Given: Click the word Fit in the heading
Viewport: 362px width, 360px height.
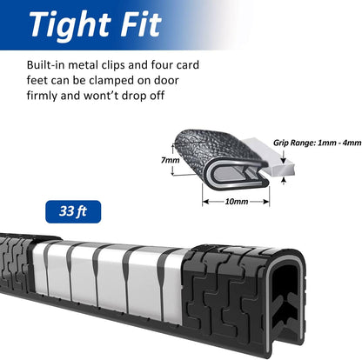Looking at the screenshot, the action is coord(141,24).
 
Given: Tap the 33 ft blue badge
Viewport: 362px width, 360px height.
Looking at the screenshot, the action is coord(73,211).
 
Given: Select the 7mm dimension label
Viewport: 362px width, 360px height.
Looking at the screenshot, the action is coord(171,160).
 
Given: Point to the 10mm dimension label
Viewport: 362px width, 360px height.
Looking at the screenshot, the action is coord(237,202).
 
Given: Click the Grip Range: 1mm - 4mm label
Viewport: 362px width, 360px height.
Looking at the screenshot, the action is coord(318,143).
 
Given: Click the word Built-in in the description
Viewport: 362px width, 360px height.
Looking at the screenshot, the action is coord(45,65).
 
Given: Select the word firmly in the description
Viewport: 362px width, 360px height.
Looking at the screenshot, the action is coord(42,96).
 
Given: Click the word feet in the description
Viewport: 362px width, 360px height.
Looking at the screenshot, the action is coord(37,80).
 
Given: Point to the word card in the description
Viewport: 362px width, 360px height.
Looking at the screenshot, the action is coord(188,65).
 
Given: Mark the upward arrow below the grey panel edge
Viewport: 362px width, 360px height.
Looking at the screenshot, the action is coord(284,181).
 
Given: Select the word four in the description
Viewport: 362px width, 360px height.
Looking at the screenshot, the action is coord(162,65).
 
